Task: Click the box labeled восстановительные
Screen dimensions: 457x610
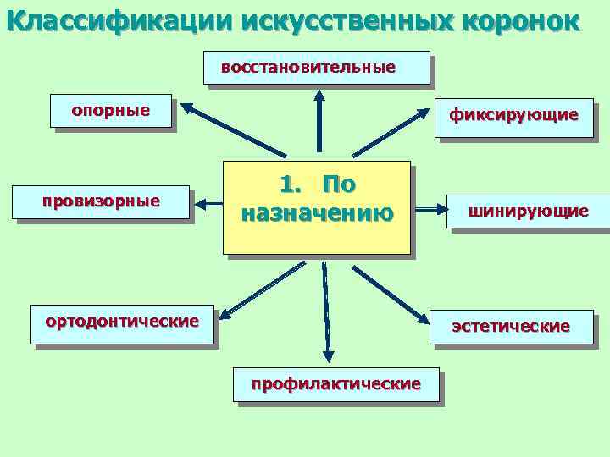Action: [x=316, y=68]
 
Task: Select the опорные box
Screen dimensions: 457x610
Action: [x=111, y=111]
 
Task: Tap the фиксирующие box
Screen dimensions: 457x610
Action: [x=513, y=115]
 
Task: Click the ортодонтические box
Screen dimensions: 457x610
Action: [x=122, y=322]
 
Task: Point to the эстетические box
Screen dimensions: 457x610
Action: [x=511, y=327]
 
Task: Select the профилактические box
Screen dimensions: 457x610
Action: [x=335, y=385]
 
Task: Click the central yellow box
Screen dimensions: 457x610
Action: [x=316, y=206]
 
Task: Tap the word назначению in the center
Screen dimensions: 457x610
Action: [x=317, y=213]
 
